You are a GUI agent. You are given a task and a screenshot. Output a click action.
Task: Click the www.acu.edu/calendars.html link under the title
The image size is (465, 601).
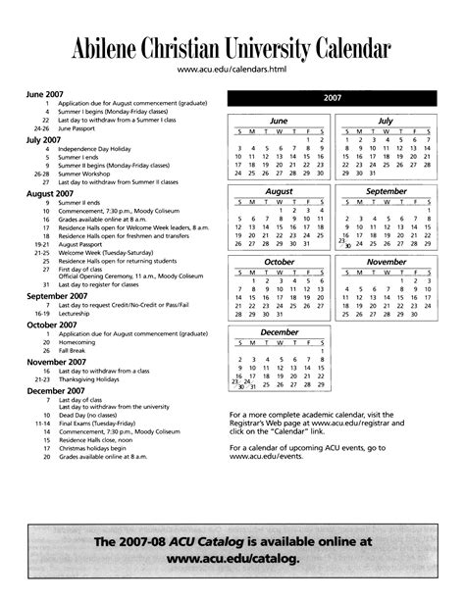(x=232, y=70)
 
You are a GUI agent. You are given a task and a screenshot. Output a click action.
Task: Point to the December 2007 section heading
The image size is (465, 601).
(x=53, y=390)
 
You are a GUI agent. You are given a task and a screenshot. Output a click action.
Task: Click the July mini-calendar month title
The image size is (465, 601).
(x=385, y=121)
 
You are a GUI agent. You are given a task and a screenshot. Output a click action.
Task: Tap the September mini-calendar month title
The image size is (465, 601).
(x=385, y=191)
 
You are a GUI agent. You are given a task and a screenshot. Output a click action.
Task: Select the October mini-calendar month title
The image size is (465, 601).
(x=280, y=262)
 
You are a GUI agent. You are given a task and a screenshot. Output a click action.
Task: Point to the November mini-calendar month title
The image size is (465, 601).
(x=385, y=262)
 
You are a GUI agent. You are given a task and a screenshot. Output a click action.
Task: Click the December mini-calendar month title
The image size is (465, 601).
(x=280, y=332)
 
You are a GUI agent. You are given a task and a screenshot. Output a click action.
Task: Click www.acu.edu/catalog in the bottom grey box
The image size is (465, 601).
(x=232, y=560)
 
